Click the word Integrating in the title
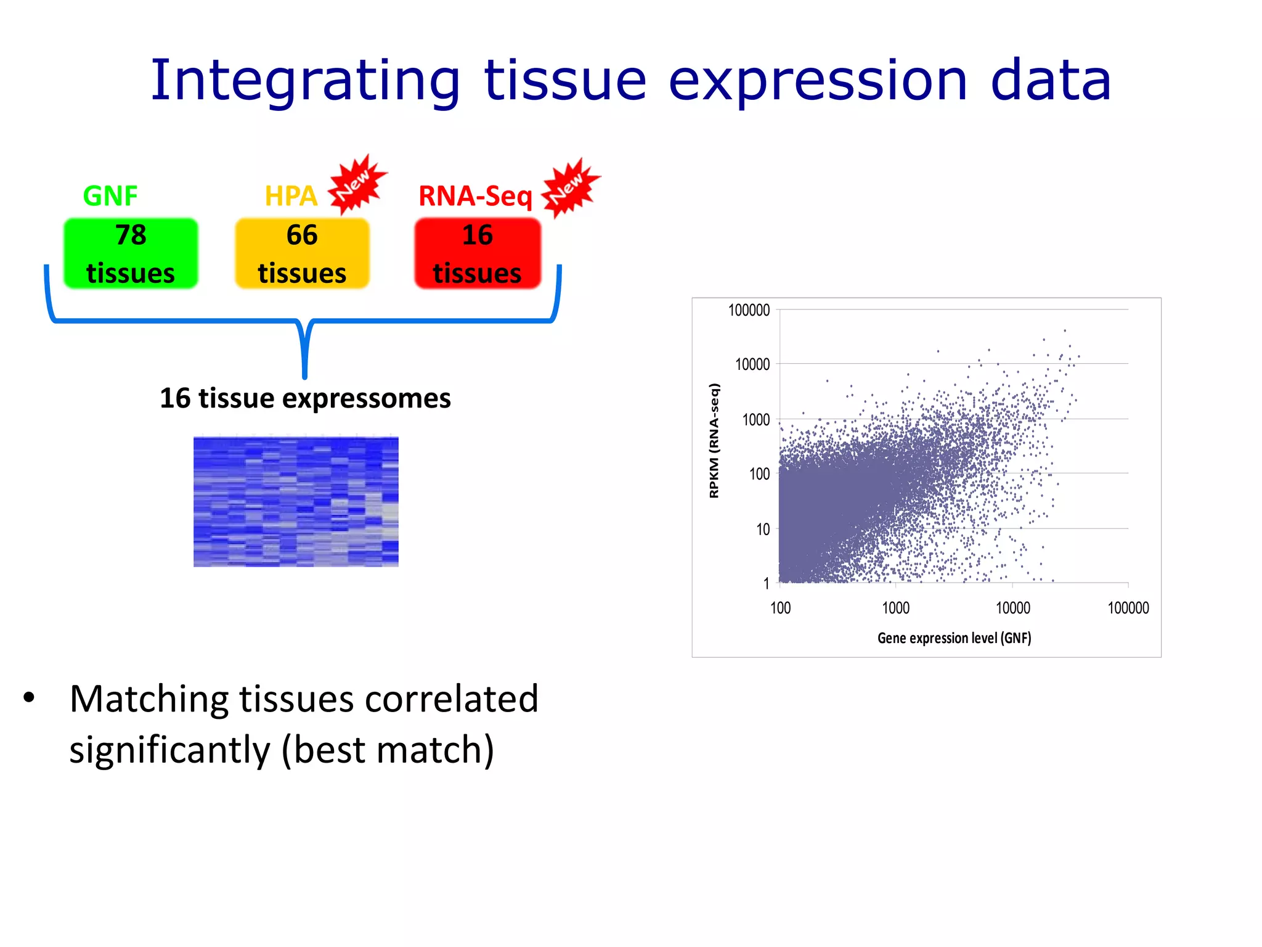coord(305,82)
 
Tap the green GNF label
coord(110,196)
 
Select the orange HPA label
coord(291,196)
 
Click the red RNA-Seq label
coord(475,196)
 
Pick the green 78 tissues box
coord(131,253)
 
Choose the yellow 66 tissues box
coord(302,253)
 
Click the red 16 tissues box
coord(478,253)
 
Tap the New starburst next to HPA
coord(357,183)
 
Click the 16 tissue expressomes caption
coord(305,398)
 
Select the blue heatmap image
coord(296,501)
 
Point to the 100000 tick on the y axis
coord(749,310)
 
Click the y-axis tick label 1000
coord(755,420)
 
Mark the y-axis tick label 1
coord(766,583)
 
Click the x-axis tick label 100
coord(780,608)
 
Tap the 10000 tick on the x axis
coord(1012,608)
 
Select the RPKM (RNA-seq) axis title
coord(714,440)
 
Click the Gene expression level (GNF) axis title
coord(954,638)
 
